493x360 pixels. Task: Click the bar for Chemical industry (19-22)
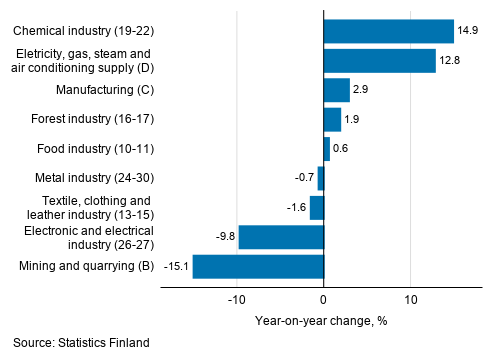388,31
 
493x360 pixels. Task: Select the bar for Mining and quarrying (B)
258,266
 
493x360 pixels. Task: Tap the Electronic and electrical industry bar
281,237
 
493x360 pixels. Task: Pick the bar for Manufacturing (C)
336,90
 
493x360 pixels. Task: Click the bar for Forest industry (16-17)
332,119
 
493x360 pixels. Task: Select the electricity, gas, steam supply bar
379,61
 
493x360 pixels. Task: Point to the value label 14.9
467,31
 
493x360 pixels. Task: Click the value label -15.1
176,267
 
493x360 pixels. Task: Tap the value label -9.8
224,237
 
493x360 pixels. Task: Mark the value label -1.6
295,208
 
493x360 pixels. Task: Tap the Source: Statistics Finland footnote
81,343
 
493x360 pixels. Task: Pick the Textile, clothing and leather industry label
88,207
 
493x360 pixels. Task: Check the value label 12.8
449,61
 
